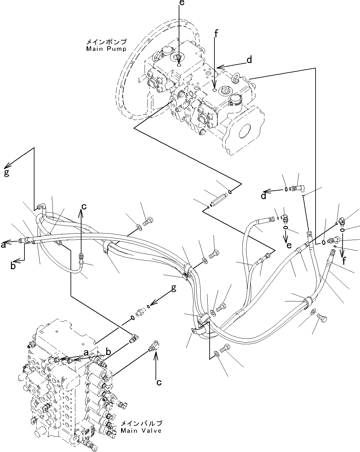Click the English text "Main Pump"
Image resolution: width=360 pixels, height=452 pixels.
point(106,49)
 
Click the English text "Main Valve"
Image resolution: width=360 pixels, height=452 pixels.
point(141,430)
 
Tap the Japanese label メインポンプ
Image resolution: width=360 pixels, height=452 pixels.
point(106,42)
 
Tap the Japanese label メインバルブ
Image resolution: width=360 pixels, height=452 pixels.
point(141,423)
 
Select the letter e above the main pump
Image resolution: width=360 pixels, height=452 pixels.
point(182,4)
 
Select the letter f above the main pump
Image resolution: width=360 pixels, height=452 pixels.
point(216,33)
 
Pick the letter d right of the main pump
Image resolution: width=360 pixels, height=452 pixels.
point(249,60)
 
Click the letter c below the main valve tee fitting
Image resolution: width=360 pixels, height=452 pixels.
point(158,383)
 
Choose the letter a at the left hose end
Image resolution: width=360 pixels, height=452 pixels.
point(4,245)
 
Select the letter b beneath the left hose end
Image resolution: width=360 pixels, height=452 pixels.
point(13,266)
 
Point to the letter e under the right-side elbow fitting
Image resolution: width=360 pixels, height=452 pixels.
point(289,245)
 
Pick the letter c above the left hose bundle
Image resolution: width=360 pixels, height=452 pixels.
point(84,207)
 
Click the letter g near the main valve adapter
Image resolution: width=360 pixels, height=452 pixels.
point(174,288)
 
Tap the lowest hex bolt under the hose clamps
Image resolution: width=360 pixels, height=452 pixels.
point(225,348)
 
